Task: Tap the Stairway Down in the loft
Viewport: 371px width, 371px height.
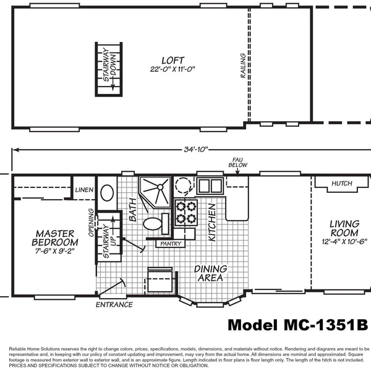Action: [x=110, y=69]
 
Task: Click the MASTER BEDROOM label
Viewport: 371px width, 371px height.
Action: [x=55, y=238]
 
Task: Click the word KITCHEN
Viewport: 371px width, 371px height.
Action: [x=212, y=222]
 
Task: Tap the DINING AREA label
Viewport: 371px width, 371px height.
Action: [x=211, y=273]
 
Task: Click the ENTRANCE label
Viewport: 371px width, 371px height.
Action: [x=114, y=304]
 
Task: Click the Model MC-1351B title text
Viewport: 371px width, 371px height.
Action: [x=298, y=325]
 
